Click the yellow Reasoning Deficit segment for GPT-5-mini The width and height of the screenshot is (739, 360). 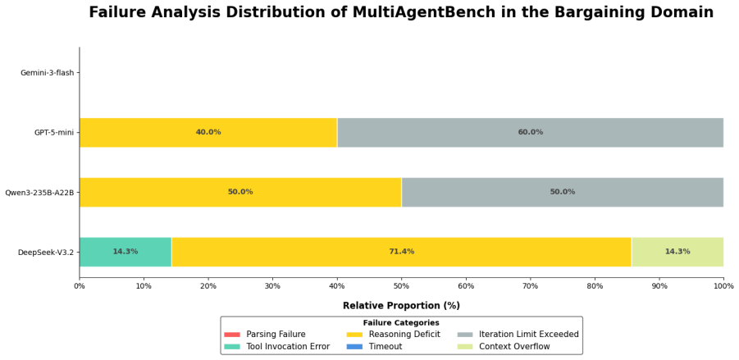coord(208,132)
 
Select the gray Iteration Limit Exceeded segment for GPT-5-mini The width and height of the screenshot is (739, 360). coord(530,132)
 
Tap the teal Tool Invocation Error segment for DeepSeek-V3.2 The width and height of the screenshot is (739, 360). coord(125,252)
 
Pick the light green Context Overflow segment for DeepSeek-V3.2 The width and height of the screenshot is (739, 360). coord(677,252)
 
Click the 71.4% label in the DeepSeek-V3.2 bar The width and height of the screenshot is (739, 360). coord(402,252)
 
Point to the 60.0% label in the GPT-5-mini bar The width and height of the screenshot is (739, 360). coord(530,132)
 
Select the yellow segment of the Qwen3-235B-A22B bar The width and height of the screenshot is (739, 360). coord(240,192)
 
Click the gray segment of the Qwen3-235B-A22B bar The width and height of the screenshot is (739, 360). coord(563,192)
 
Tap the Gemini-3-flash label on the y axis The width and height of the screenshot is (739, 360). coord(48,73)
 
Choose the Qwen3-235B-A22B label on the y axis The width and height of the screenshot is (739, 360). coord(39,192)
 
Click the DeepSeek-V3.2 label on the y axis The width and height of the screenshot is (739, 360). coord(46,252)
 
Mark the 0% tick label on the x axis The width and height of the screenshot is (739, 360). coord(80,286)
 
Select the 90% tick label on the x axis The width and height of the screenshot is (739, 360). coord(659,286)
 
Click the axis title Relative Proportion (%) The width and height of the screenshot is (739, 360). coord(401,305)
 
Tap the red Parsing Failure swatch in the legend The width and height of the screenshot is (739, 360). coord(232,335)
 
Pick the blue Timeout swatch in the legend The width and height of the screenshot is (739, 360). coord(354,347)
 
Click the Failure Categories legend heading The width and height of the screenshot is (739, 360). coord(401,323)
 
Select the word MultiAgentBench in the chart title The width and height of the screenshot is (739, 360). coord(424,12)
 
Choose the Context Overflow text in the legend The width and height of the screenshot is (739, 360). coord(514,347)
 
